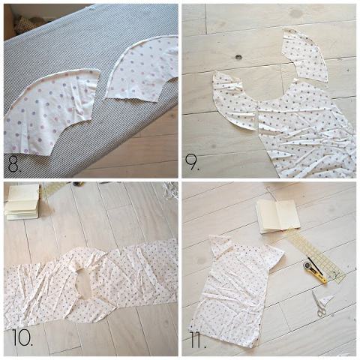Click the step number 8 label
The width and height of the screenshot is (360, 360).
[14, 163]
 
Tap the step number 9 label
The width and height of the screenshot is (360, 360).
[192, 163]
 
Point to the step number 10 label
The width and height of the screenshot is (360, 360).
[22, 337]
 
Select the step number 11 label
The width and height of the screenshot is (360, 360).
[198, 340]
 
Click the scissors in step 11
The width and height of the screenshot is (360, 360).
[319, 304]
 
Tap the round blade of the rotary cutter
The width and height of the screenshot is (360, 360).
[307, 265]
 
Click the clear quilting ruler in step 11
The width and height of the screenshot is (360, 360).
[316, 257]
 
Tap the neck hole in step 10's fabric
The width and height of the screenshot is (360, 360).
[83, 283]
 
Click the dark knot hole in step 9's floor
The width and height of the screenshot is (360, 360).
[238, 57]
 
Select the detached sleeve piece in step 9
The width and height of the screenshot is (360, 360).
[304, 55]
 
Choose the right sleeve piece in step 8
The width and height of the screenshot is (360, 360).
[142, 73]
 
